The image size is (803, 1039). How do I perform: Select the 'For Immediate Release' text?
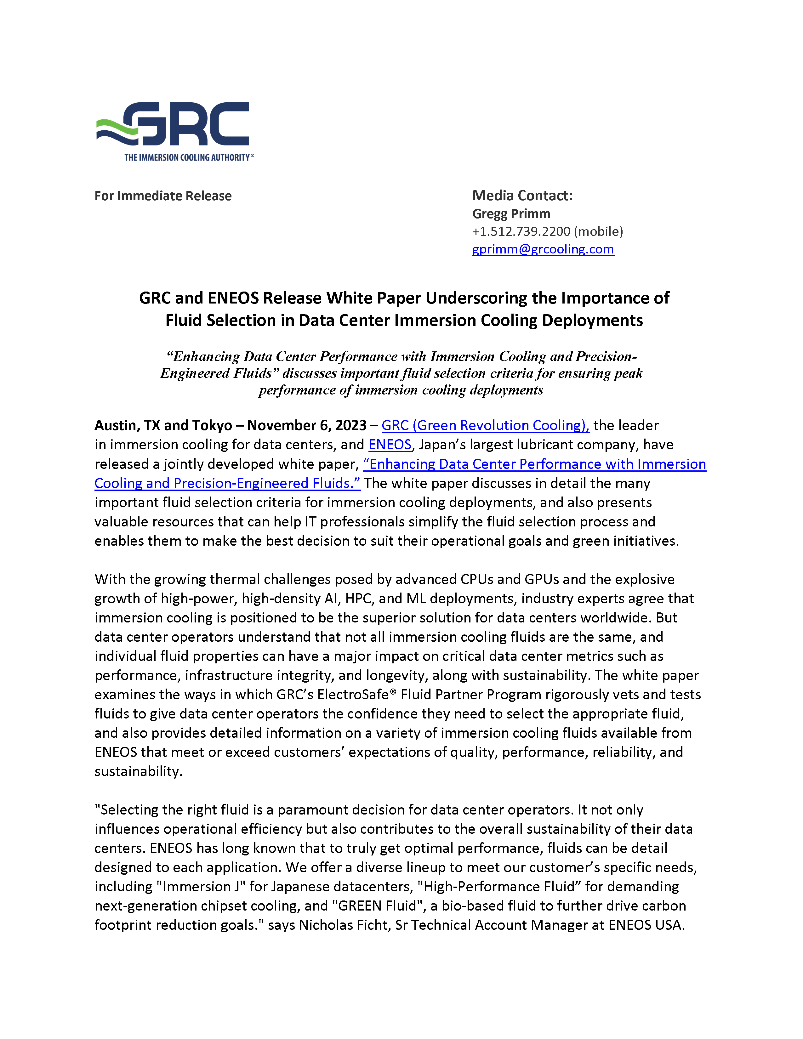pyautogui.click(x=163, y=196)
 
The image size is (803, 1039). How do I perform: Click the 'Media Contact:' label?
pyautogui.click(x=522, y=196)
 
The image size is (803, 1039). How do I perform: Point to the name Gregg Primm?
pyautogui.click(x=511, y=213)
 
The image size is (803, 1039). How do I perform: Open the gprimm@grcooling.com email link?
pyautogui.click(x=543, y=249)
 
